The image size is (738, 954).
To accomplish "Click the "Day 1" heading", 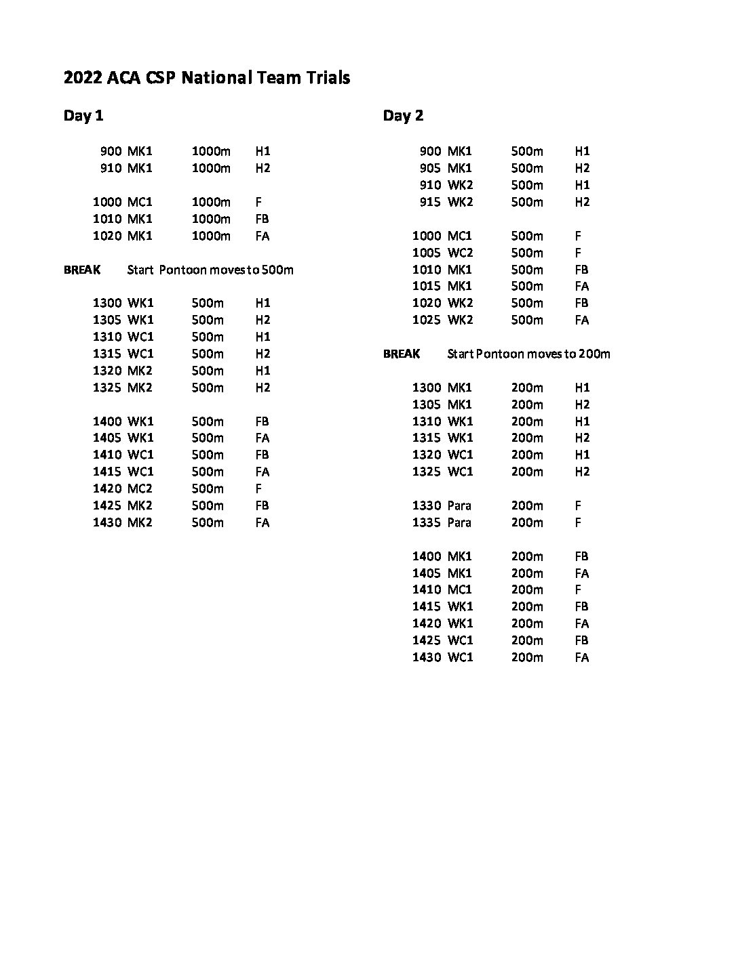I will (83, 116).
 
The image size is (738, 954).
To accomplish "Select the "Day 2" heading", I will (403, 116).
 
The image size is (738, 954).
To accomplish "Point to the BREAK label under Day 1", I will (82, 270).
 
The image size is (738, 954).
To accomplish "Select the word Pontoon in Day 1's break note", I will (182, 270).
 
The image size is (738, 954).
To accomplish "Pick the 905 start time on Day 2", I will (430, 168).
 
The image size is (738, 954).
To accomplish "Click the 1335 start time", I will (426, 522).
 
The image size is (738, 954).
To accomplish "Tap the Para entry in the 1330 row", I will (459, 505).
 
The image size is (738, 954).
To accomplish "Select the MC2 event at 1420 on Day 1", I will (140, 489).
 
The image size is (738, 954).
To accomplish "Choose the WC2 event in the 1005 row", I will (460, 253).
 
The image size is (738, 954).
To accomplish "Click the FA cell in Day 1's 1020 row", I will (262, 236).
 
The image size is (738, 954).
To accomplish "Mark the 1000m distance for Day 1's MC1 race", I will (211, 202).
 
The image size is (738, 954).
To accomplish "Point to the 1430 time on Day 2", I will (426, 657).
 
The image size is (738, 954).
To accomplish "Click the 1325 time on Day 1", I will (107, 388).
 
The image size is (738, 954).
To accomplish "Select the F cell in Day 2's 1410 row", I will (578, 589).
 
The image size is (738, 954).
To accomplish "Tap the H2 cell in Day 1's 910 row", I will (263, 168).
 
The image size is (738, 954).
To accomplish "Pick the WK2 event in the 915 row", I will (460, 202).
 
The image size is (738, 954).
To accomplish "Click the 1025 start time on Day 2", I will (426, 320).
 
